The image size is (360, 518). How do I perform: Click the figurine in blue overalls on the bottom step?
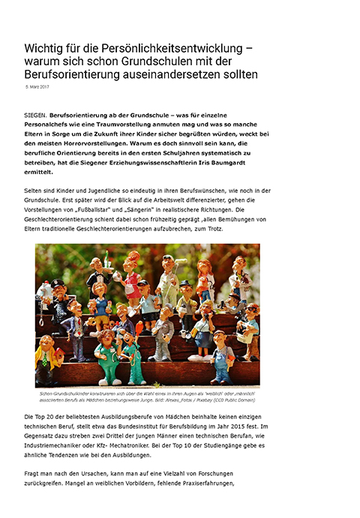(x=222, y=357)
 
